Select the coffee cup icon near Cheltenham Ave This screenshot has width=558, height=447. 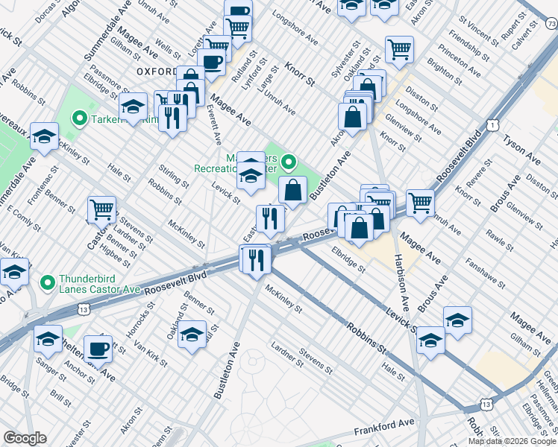pyautogui.click(x=98, y=348)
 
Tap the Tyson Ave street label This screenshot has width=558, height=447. pyautogui.click(x=521, y=148)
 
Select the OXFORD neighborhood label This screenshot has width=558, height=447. pyautogui.click(x=157, y=72)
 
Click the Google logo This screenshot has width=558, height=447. pyautogui.click(x=25, y=438)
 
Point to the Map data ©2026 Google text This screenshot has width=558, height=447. pyautogui.click(x=511, y=441)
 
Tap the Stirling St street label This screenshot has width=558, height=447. pyautogui.click(x=174, y=178)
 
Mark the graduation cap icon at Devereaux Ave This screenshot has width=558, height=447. pyautogui.click(x=45, y=136)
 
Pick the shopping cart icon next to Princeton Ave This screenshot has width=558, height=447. pyautogui.click(x=400, y=49)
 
